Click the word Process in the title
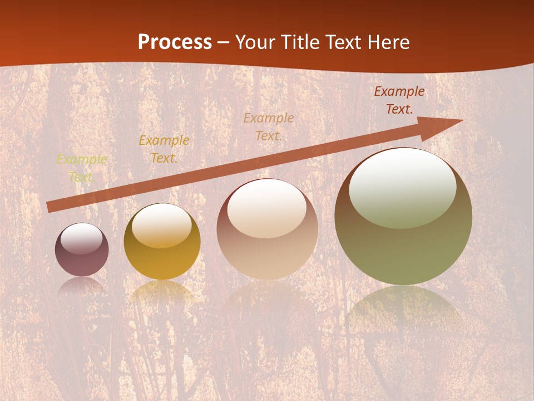tap(175, 42)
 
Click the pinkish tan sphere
tap(267, 245)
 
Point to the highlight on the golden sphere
tap(161, 226)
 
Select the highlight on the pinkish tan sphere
tap(266, 208)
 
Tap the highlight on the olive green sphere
tap(402, 188)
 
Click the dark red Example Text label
tap(399, 100)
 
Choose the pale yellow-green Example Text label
tap(81, 168)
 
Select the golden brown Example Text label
tap(164, 149)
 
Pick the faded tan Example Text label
tap(269, 127)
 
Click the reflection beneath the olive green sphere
tap(403, 312)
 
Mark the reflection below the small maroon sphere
tap(82, 287)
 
